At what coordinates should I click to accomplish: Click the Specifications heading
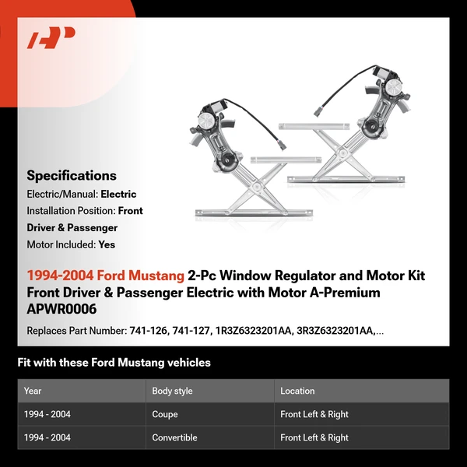[72, 175]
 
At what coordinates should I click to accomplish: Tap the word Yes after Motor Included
[107, 244]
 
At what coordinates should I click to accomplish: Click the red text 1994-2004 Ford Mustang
[106, 276]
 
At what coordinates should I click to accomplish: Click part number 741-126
[146, 331]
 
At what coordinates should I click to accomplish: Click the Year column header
[33, 391]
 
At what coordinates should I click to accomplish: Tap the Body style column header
[172, 391]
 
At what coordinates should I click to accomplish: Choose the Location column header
[297, 391]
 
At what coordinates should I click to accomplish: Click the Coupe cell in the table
[165, 414]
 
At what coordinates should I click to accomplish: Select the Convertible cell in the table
[174, 437]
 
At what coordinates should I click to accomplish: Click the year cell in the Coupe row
[47, 414]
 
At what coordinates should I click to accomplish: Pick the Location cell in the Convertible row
[314, 437]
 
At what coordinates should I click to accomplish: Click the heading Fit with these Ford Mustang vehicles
[114, 362]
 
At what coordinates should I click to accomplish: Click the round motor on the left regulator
[208, 121]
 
